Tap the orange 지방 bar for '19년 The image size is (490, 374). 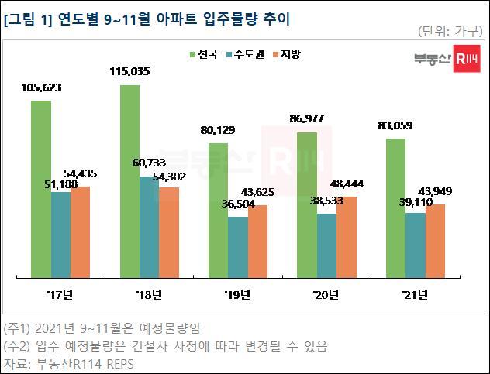click(257, 240)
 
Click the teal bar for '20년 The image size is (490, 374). click(326, 245)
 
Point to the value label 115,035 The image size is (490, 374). click(129, 71)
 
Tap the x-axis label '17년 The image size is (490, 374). click(59, 294)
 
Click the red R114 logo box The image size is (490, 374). click(464, 59)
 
